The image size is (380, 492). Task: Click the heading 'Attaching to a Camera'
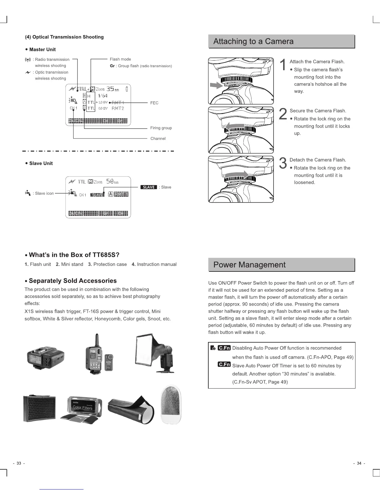tap(253, 42)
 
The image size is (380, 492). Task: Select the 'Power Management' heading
tap(249, 265)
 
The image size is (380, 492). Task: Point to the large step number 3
tap(283, 163)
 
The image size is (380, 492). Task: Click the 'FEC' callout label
tap(154, 103)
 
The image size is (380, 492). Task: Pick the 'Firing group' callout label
tap(161, 128)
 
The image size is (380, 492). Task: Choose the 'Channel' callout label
tap(158, 139)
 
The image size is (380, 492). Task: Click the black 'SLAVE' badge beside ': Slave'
tap(149, 187)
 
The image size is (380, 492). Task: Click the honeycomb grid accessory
tap(39, 408)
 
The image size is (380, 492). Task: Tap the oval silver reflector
tap(171, 404)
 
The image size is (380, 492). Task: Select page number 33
tap(19, 463)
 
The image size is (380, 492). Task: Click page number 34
tap(359, 463)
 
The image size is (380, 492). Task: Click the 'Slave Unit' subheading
tap(41, 163)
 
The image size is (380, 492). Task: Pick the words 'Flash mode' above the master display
tap(120, 59)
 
